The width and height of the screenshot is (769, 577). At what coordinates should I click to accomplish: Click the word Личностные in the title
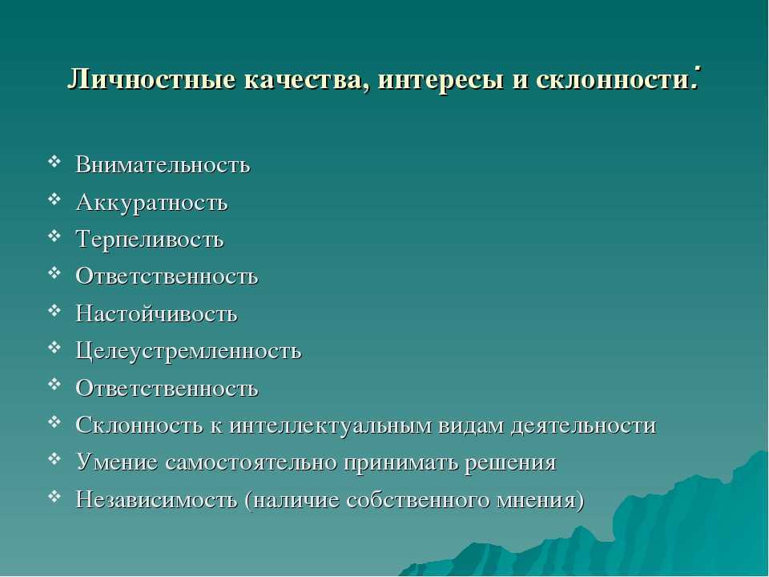[151, 79]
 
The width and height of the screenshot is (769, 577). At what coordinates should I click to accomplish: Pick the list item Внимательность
[163, 164]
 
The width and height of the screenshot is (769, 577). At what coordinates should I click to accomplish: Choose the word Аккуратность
[152, 202]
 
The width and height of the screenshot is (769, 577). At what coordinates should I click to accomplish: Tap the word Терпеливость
[150, 240]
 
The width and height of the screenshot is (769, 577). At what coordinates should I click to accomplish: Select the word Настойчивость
[156, 313]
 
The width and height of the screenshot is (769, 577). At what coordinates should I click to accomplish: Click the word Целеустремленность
[188, 351]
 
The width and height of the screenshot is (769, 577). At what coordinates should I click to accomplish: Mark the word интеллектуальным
[329, 425]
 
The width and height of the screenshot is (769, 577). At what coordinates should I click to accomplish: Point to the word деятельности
[584, 426]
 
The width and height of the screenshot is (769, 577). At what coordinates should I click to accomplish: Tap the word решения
[510, 463]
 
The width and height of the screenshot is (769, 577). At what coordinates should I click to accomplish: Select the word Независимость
[156, 500]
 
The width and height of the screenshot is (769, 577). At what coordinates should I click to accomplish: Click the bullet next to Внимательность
[54, 160]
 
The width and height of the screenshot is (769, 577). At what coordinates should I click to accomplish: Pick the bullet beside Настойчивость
[54, 310]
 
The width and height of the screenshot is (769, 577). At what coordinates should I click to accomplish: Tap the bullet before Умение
[54, 459]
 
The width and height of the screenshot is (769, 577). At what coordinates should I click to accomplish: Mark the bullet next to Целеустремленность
[54, 347]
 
